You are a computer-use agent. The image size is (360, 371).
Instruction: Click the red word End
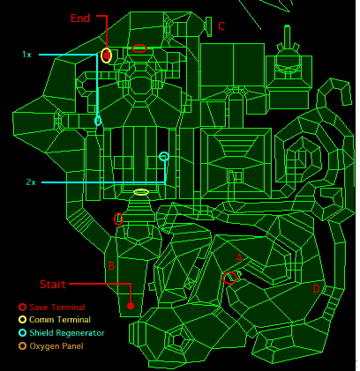(80, 19)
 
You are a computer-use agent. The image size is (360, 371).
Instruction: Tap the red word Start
(53, 284)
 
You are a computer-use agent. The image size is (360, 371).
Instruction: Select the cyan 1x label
(26, 55)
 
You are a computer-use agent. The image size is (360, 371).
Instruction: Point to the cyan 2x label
(31, 182)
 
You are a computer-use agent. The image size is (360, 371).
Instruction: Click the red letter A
(239, 258)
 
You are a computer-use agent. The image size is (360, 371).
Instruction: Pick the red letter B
(111, 266)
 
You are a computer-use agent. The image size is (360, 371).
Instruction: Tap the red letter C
(221, 26)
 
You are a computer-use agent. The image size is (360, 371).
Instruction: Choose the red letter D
(316, 289)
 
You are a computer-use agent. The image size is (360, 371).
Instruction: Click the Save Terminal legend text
(57, 307)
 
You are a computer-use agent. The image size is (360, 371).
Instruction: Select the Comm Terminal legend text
(60, 320)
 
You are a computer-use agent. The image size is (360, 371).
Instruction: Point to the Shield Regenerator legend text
(67, 333)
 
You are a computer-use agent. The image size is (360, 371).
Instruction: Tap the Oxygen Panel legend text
(56, 346)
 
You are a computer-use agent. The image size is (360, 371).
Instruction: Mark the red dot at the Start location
(131, 306)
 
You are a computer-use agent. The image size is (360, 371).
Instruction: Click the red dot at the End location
(107, 55)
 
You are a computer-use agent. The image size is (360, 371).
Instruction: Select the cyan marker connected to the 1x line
(98, 121)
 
